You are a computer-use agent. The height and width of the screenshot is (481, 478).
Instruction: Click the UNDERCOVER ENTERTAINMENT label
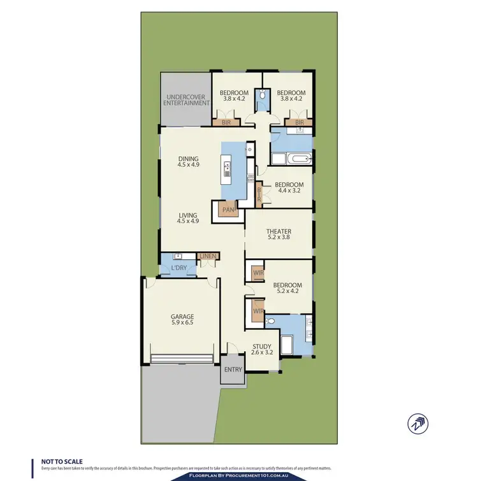coord(186,99)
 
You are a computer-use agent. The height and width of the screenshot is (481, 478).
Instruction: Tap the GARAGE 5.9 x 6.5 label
coord(182,320)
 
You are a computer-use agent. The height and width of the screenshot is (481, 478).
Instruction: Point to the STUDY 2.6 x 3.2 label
coord(262,349)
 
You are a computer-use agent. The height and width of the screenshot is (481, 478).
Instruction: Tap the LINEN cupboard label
coord(208,256)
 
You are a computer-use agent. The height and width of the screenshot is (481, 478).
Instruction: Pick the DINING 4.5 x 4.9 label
coord(189,162)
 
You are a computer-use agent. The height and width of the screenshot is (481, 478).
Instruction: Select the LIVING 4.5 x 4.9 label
coord(189,219)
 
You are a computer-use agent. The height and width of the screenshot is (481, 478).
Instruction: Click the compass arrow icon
coord(418,422)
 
